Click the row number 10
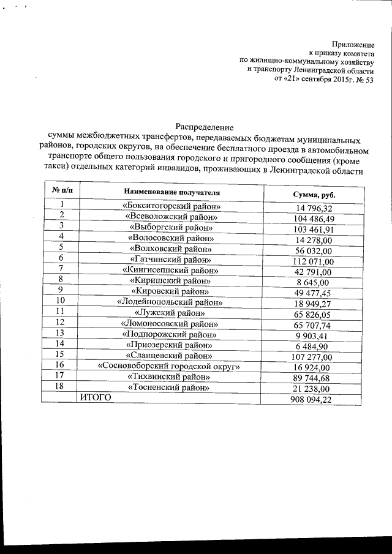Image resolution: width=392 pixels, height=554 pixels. pyautogui.click(x=61, y=301)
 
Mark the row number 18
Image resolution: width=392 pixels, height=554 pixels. pyautogui.click(x=61, y=386)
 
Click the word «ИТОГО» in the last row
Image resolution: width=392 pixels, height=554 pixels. pyautogui.click(x=96, y=397)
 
